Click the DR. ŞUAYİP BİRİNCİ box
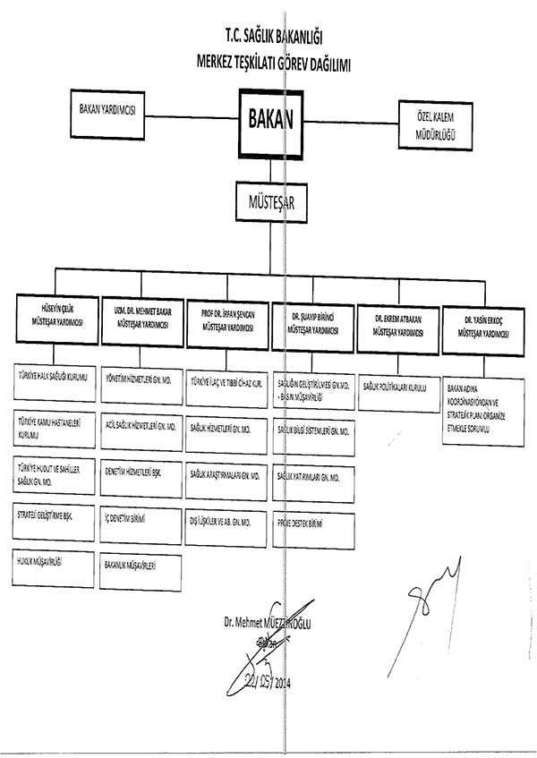pos(311,322)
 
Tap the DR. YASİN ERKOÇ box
pos(483,328)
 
